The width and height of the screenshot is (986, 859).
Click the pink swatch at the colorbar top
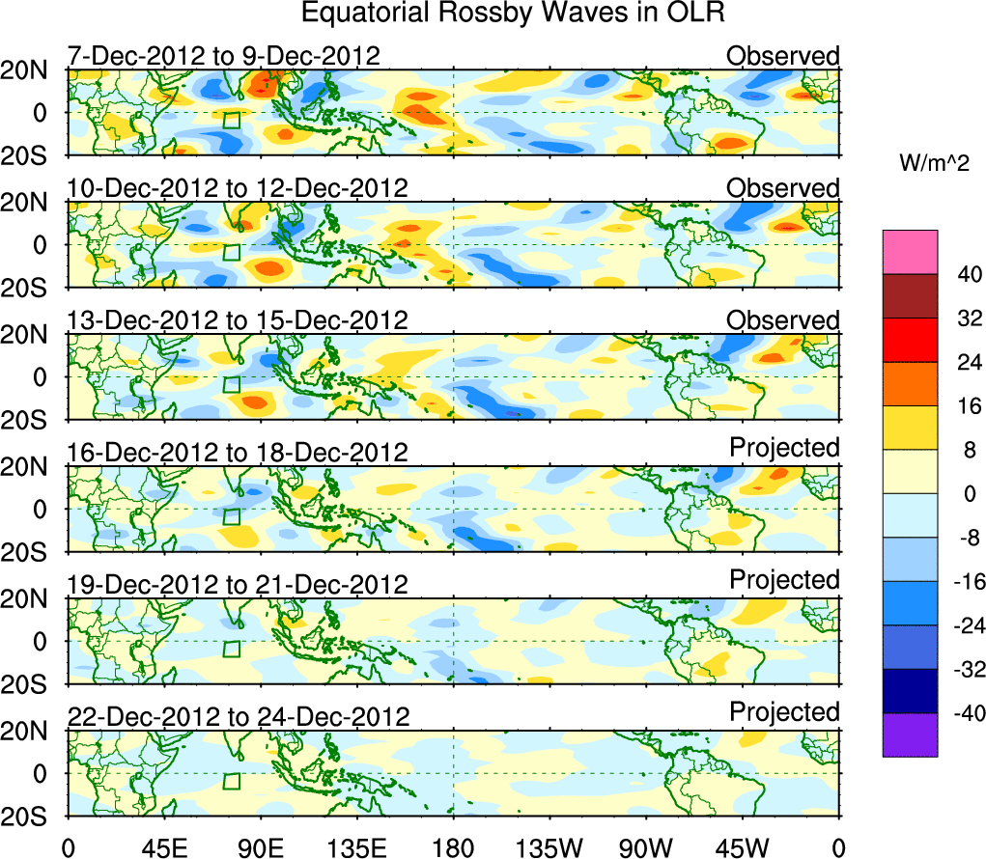(x=909, y=252)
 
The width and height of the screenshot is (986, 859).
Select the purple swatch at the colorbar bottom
(x=909, y=734)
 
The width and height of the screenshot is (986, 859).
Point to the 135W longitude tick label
(x=549, y=847)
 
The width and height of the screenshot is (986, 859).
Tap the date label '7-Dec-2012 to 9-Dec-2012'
(x=223, y=56)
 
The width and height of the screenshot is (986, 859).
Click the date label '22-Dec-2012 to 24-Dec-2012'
(x=238, y=716)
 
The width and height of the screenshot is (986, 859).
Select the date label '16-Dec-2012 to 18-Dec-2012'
(x=238, y=452)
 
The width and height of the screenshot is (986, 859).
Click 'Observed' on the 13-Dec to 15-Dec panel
(x=783, y=319)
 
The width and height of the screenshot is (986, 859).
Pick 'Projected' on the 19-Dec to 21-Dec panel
(x=784, y=579)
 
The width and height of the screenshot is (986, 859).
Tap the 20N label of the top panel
(x=33, y=70)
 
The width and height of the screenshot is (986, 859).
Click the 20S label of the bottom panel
(x=33, y=817)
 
